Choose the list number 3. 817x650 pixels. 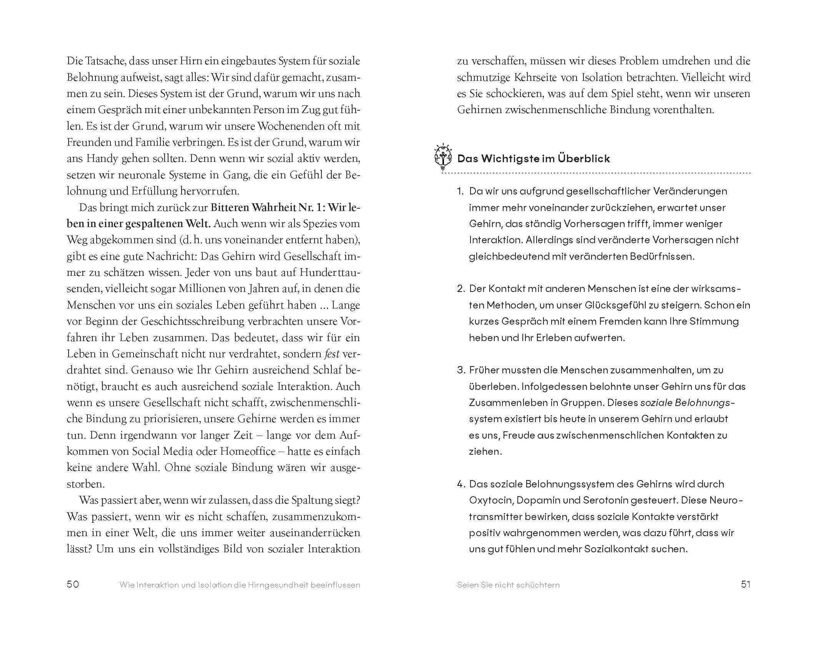[x=461, y=370]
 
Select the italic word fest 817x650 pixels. [x=332, y=354]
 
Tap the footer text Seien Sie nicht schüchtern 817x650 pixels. [x=508, y=585]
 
